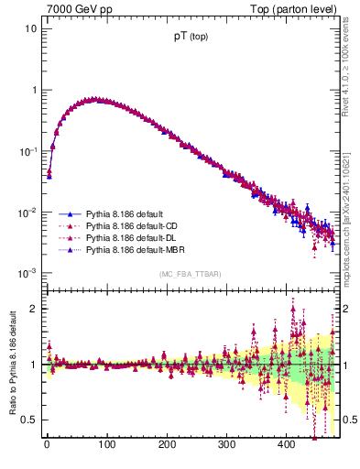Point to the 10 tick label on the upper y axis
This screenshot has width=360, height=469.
30,28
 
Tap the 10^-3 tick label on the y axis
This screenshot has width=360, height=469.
27,273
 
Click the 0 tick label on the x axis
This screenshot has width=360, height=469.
47,446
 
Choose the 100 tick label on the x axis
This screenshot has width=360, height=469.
106,446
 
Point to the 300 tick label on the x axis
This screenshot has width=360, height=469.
226,446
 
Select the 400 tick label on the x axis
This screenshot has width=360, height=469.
286,446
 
